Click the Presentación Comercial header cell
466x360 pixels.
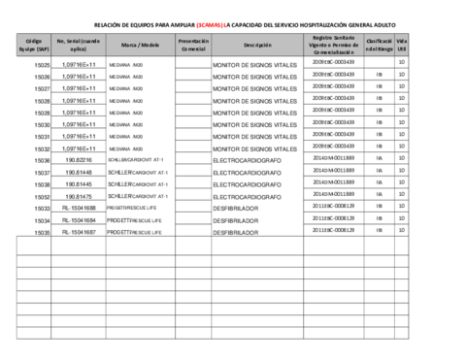pos(193,45)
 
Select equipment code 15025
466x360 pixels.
pos(42,64)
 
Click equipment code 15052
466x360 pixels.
pos(42,197)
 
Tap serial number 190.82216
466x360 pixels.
pos(79,160)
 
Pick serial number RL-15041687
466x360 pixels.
pos(79,233)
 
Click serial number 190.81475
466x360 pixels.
pos(79,197)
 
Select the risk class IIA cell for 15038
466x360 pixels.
pos(379,182)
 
